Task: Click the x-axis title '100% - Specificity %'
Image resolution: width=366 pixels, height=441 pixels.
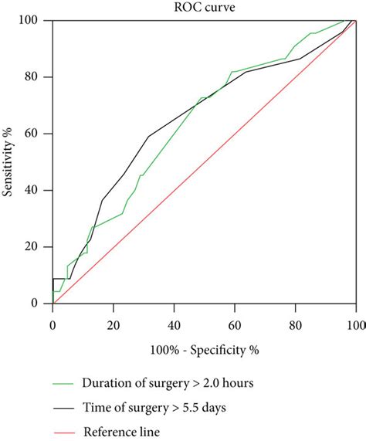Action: [x=203, y=349]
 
